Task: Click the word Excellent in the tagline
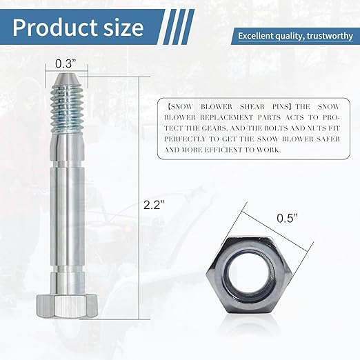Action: tap(258, 36)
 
